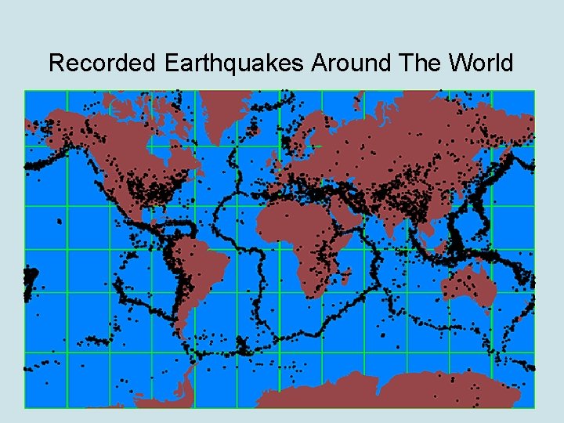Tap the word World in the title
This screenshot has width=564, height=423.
[479, 63]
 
